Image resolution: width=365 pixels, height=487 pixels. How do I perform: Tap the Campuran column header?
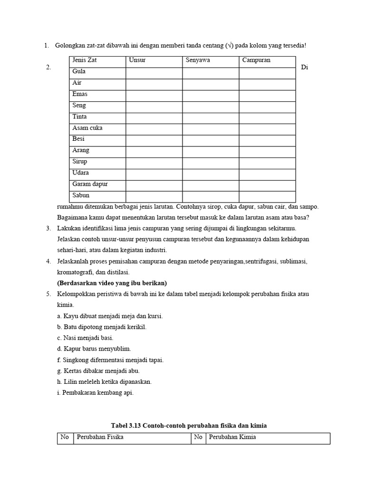pos(256,60)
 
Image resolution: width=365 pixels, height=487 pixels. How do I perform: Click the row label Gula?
pos(79,72)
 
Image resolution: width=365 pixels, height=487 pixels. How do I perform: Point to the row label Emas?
pos(80,94)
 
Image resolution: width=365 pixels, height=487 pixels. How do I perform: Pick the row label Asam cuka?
pos(87,128)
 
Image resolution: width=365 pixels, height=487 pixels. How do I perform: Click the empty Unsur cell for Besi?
pos(154,140)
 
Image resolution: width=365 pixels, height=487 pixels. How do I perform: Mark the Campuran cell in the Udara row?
pos(267,174)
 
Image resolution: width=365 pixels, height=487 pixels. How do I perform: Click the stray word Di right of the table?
pos(305,68)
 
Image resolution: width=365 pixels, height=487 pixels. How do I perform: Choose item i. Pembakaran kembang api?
pos(95,392)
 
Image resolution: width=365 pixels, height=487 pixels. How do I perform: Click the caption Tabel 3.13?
pos(189,426)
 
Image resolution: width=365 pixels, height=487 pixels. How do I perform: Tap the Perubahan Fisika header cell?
pos(100,437)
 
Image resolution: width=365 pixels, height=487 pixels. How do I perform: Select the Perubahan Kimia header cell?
pos(232,437)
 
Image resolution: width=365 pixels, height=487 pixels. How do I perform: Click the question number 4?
pos(48,262)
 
